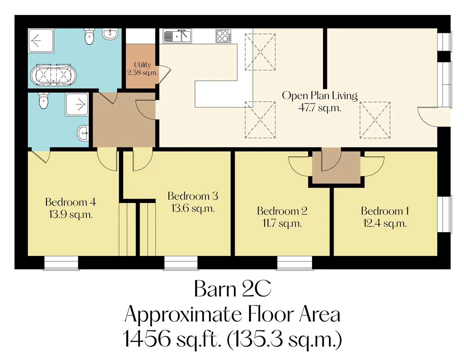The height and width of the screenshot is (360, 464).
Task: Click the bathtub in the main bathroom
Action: [53, 75]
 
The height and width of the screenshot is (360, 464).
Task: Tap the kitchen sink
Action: [177, 36]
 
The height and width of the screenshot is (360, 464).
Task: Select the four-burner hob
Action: [223, 36]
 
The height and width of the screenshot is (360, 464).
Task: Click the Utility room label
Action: [142, 64]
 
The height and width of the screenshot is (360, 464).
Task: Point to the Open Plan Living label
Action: [320, 95]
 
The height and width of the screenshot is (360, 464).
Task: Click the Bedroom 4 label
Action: [70, 202]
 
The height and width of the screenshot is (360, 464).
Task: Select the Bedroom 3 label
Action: [193, 196]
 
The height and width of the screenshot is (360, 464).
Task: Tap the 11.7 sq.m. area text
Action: [282, 224]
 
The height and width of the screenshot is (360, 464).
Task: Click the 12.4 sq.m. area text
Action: [385, 224]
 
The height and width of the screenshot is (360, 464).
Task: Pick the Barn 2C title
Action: [233, 289]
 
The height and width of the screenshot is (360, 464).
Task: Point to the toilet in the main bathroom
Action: [89, 36]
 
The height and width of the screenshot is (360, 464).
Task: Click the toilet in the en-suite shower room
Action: [44, 101]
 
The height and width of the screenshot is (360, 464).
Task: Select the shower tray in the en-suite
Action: [77, 104]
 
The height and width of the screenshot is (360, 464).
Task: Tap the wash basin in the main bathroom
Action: [110, 34]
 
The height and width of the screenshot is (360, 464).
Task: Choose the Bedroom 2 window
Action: [294, 263]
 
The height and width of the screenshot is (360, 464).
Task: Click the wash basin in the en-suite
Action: [83, 133]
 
